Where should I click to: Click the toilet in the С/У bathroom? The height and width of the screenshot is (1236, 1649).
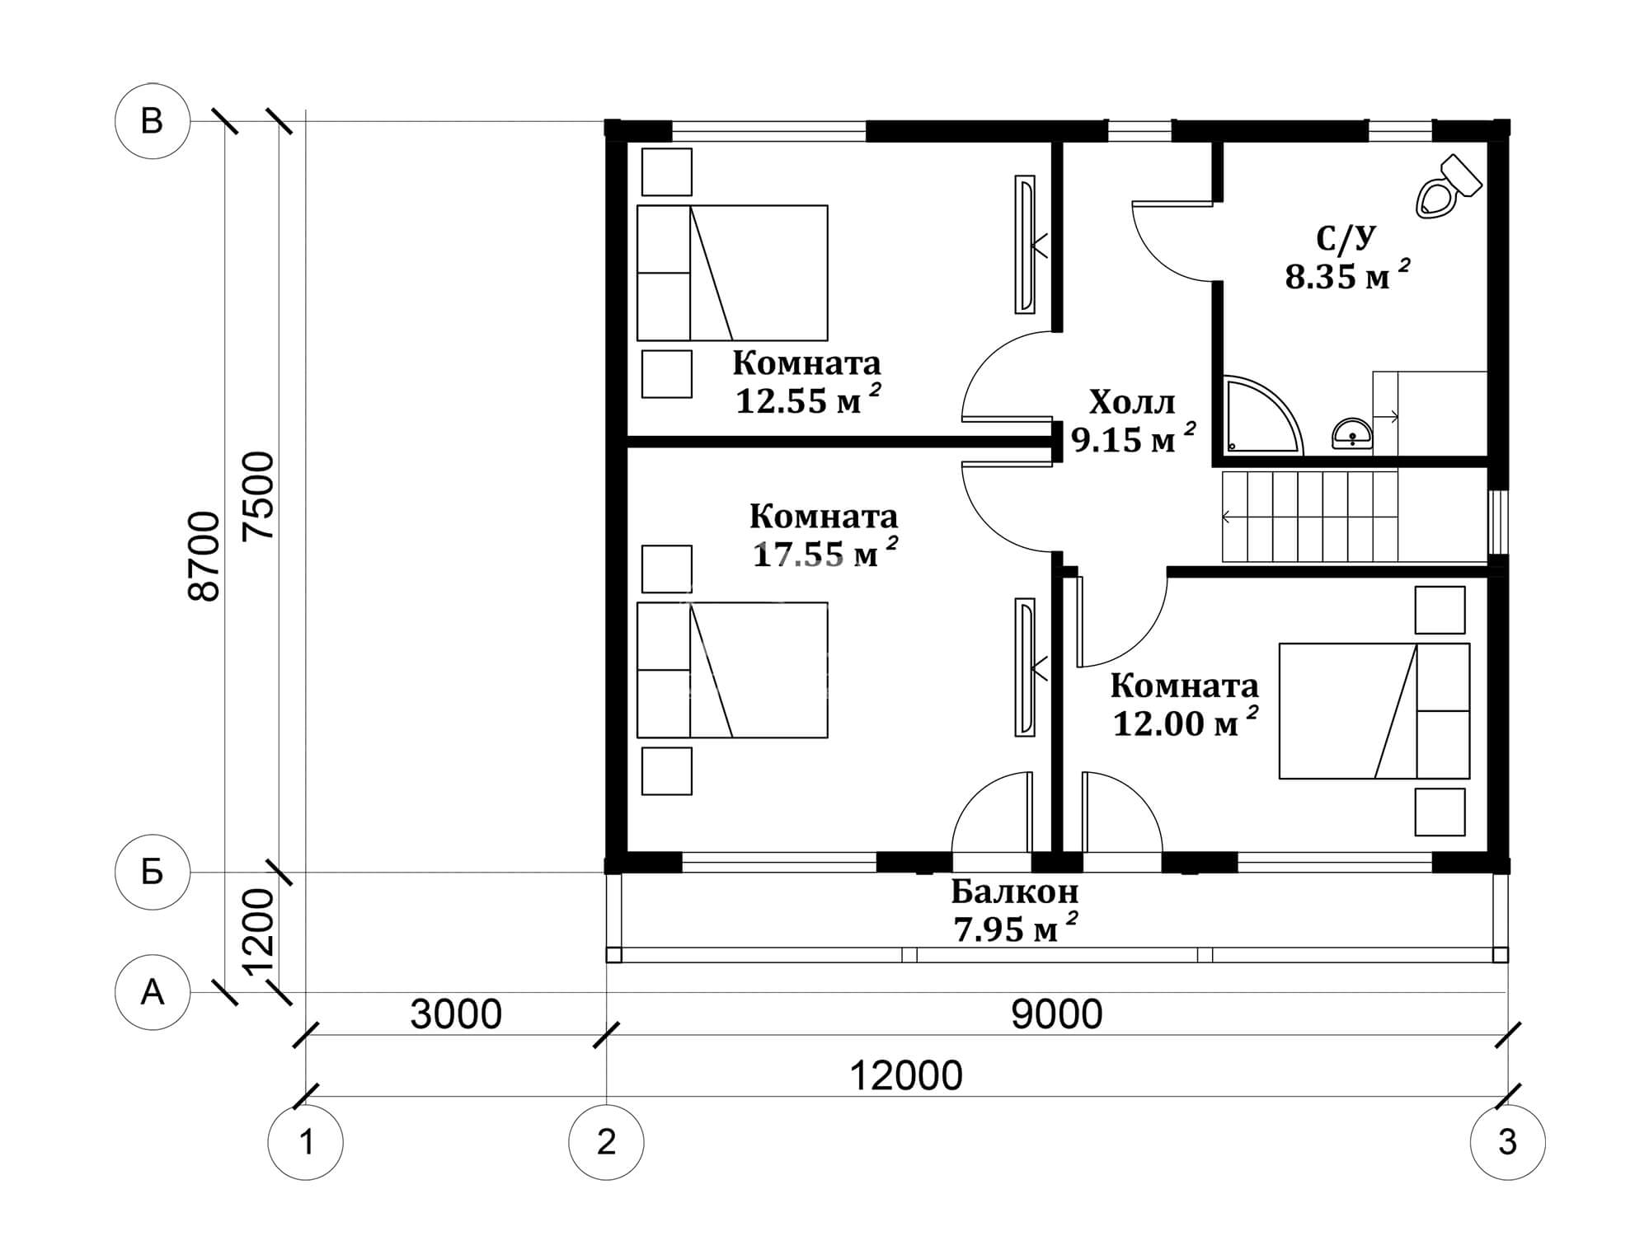[1448, 187]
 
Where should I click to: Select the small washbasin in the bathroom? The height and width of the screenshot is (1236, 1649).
[1352, 433]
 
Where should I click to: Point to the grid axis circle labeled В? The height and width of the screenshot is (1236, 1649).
[153, 121]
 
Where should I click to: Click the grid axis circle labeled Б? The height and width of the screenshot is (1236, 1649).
[153, 872]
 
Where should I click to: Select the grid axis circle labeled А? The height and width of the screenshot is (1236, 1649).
[153, 993]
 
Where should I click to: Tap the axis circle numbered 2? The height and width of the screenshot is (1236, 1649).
[606, 1143]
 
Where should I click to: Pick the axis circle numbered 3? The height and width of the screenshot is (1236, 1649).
[1508, 1143]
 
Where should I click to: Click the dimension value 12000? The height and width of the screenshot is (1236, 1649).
[905, 1076]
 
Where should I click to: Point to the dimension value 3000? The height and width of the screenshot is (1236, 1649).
[456, 1014]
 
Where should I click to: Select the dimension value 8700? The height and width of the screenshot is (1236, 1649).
[205, 556]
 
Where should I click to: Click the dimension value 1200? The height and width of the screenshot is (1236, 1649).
[259, 931]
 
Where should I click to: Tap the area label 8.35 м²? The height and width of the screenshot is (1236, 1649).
[1346, 275]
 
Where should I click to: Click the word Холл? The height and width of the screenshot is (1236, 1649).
[1132, 403]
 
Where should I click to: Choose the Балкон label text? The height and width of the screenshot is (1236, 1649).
[1014, 892]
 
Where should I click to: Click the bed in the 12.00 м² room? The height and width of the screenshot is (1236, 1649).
[1374, 711]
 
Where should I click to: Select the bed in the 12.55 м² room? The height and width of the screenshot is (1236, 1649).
[732, 273]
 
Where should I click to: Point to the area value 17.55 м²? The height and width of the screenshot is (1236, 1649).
[824, 554]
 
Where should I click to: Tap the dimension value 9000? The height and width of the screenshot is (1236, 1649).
[1057, 1014]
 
